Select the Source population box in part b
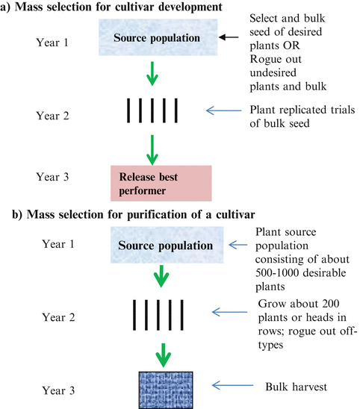(x=161, y=245)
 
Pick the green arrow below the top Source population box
(x=153, y=75)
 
